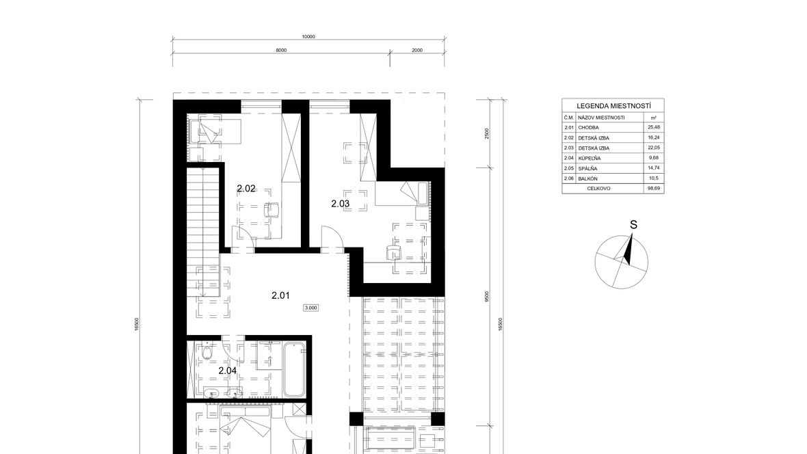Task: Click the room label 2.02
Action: pyautogui.click(x=246, y=189)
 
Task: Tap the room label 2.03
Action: pyautogui.click(x=340, y=204)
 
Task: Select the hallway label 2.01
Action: pyautogui.click(x=280, y=295)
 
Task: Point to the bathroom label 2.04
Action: pyautogui.click(x=228, y=371)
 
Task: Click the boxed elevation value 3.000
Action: pyautogui.click(x=311, y=308)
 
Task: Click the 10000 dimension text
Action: pyautogui.click(x=308, y=36)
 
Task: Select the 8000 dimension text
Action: pyautogui.click(x=281, y=50)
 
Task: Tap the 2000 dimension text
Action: pyautogui.click(x=417, y=50)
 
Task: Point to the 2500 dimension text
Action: pyautogui.click(x=487, y=134)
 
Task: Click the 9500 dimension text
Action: pyautogui.click(x=487, y=297)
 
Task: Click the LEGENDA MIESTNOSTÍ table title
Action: pyautogui.click(x=613, y=105)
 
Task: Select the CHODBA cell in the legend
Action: pyautogui.click(x=588, y=128)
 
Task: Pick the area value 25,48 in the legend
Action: pyautogui.click(x=654, y=127)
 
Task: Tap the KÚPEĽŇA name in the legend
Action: pyautogui.click(x=590, y=159)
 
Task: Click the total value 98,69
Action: pyautogui.click(x=654, y=189)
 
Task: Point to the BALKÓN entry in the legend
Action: pyautogui.click(x=587, y=178)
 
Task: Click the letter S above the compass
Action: pyautogui.click(x=633, y=225)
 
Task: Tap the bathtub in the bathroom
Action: pyautogui.click(x=294, y=369)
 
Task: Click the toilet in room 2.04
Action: pyautogui.click(x=207, y=353)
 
